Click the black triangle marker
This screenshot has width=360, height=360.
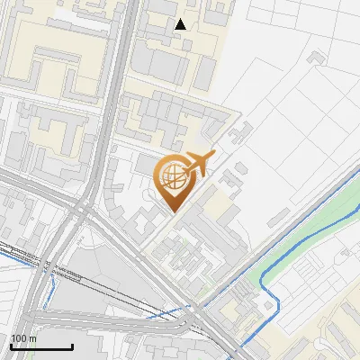tap(181, 24)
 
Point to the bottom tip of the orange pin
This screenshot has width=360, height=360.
tap(173, 212)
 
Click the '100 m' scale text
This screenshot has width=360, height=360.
tap(24, 338)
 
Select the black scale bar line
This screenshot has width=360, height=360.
tap(41, 347)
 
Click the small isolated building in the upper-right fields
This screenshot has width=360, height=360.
tap(316, 58)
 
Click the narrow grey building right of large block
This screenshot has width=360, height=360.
tap(206, 72)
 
